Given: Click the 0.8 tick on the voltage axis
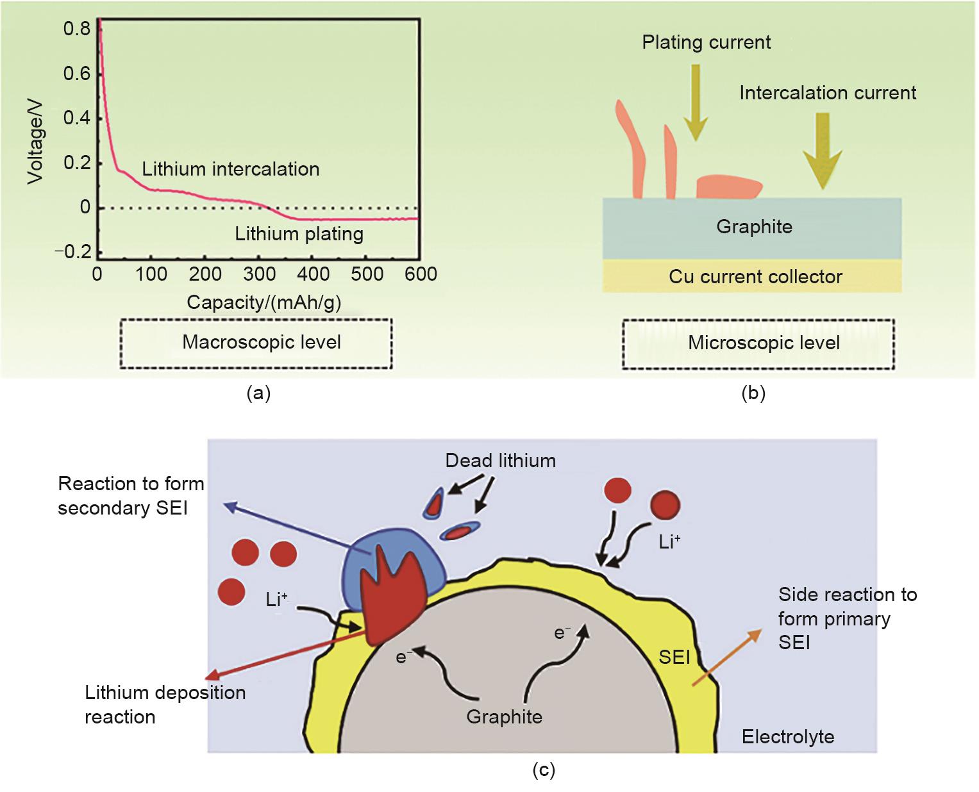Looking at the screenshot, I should (x=78, y=29).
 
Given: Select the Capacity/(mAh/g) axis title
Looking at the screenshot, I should (x=264, y=302).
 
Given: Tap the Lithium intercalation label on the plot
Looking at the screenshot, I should (x=230, y=169).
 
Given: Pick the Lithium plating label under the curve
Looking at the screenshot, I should (x=299, y=233).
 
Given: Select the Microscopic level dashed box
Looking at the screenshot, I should (x=758, y=343).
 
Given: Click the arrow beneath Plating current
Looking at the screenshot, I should (x=694, y=103).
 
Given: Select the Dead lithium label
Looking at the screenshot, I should (x=500, y=460).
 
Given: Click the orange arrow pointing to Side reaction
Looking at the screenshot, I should (x=726, y=658).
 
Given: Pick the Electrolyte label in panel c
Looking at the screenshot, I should (x=787, y=736).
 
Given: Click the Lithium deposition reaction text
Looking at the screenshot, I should (x=165, y=704).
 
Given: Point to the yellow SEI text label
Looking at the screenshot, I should (x=674, y=656).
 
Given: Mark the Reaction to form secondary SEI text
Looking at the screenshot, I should (x=131, y=495).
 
